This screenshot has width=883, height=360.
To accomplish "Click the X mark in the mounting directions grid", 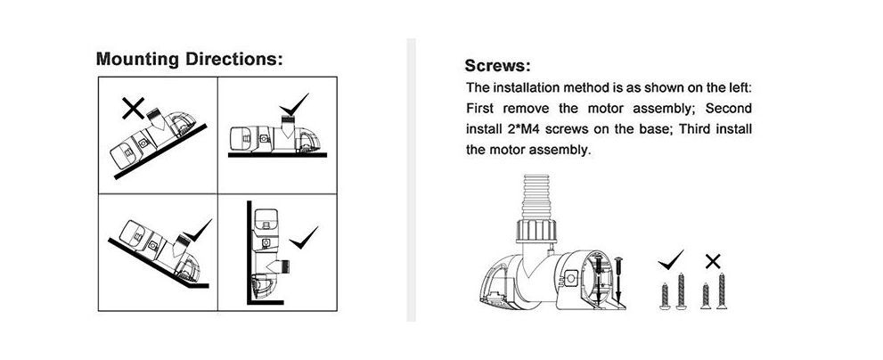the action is (x=133, y=108).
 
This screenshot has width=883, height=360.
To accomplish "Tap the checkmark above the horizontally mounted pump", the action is (x=293, y=105).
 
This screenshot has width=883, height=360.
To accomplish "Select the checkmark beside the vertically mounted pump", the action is (x=303, y=239).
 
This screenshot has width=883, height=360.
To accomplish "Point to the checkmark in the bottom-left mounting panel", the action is (x=196, y=232).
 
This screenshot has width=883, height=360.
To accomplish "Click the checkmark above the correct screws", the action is (x=670, y=259).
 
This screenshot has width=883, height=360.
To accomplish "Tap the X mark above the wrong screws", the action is (x=713, y=261).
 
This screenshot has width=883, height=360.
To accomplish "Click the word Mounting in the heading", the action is (x=137, y=59).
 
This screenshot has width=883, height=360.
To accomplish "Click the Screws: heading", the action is (x=497, y=66).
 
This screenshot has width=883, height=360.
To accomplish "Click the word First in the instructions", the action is (x=480, y=108).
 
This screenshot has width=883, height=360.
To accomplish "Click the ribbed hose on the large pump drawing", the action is (x=536, y=197).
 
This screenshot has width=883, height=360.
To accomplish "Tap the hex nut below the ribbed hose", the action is (x=536, y=232).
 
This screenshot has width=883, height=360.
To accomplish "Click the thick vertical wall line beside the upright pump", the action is (x=249, y=252).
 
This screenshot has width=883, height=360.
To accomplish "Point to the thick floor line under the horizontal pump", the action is (x=277, y=155).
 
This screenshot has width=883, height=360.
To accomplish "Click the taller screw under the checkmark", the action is (x=680, y=291).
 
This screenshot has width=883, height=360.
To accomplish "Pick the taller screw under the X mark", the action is (x=722, y=290).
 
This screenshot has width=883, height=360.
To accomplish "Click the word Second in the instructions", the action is (x=728, y=108).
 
